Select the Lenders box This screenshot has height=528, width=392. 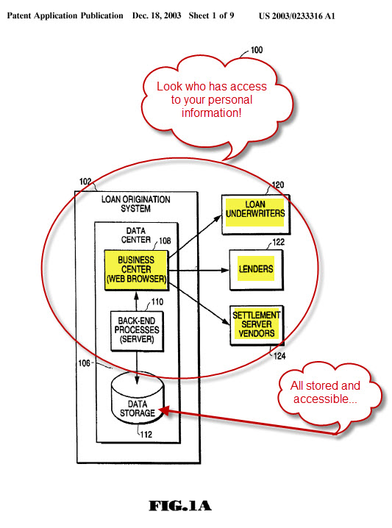tap(256, 269)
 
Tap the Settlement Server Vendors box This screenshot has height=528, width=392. tap(255, 324)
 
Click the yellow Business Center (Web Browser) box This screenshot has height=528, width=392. tap(136, 269)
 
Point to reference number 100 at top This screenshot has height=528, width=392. tap(257, 50)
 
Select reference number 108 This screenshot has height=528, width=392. tap(165, 240)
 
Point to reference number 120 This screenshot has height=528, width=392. tap(278, 185)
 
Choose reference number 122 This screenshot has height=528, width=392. tap(279, 242)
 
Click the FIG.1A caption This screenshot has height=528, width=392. tap(180, 505)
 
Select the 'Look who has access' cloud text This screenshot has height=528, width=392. tap(212, 101)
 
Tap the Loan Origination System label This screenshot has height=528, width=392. tap(135, 204)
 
